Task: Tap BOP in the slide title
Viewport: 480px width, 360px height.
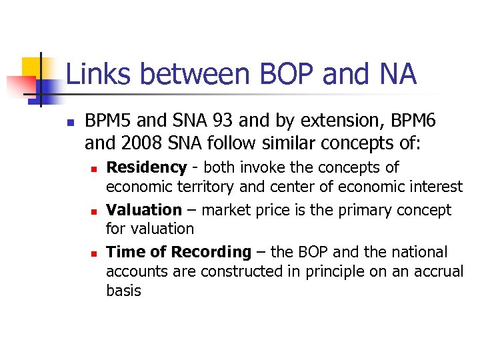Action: click(284, 74)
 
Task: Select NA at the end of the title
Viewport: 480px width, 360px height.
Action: click(395, 74)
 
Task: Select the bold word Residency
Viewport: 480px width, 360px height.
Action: click(146, 167)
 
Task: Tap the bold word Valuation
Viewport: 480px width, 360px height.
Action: click(144, 210)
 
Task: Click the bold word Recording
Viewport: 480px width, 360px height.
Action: click(211, 252)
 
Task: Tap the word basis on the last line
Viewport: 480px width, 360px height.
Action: click(123, 291)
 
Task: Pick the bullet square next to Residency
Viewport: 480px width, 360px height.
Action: click(95, 169)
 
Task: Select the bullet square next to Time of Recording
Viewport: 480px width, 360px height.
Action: click(95, 253)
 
